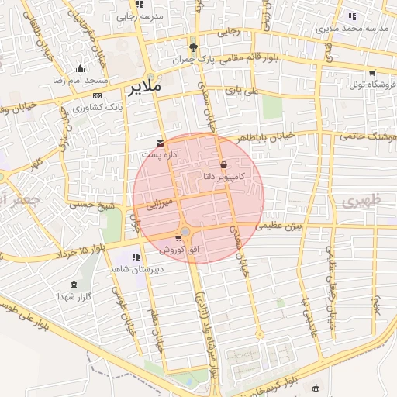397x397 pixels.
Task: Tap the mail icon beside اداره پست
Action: [x=161, y=143]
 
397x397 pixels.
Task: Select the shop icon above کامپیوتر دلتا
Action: [x=224, y=164]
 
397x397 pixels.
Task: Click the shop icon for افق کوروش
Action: [x=179, y=238]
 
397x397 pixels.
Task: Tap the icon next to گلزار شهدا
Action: [x=74, y=285]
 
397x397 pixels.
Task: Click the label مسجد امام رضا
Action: [x=80, y=81]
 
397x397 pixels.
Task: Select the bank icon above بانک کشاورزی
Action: [x=96, y=95]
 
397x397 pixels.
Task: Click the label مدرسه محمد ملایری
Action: [x=356, y=29]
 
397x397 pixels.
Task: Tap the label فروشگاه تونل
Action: [x=372, y=85]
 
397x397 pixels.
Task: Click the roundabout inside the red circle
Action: [x=186, y=231]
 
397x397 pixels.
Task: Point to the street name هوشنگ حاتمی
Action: [x=369, y=133]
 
